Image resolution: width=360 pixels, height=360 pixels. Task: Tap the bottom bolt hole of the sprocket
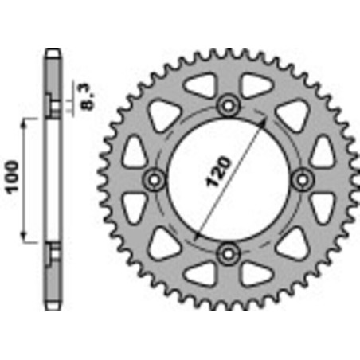click(x=229, y=252)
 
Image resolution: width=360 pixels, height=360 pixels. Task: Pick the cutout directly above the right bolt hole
click(x=322, y=149)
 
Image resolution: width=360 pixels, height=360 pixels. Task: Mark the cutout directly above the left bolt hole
click(x=137, y=149)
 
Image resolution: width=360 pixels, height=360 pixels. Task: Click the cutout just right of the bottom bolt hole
click(x=256, y=270)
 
